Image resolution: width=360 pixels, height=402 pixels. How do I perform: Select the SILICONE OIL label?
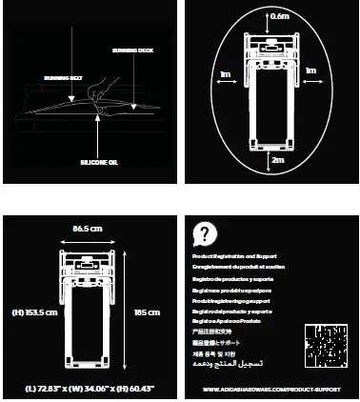pyautogui.click(x=98, y=163)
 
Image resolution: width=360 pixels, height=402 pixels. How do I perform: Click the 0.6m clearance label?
pyautogui.click(x=279, y=16)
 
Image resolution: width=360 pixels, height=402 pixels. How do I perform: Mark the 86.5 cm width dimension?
pyautogui.click(x=89, y=229)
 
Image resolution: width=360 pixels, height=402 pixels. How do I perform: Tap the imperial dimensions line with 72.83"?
pyautogui.click(x=90, y=390)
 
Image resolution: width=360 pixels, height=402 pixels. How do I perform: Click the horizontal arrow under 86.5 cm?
pyautogui.click(x=89, y=239)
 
